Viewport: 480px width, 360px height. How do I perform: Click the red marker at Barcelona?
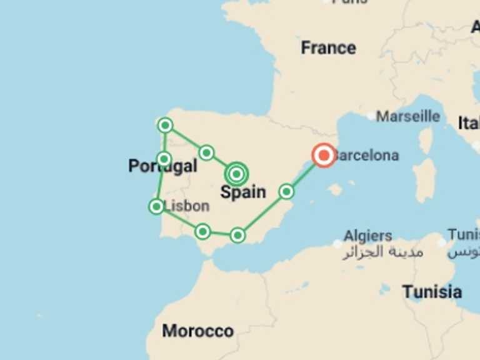coord(324,155)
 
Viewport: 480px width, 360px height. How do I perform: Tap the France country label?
coord(328,47)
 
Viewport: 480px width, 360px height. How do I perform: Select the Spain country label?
coord(243,192)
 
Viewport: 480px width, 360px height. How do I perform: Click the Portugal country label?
coord(162,166)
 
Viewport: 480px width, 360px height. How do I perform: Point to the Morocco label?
coord(198,331)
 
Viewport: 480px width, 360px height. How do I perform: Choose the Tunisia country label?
coord(432,291)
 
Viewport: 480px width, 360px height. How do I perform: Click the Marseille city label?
coord(407,116)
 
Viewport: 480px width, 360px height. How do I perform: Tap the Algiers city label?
coord(368,236)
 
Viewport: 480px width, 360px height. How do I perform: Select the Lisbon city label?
coord(186,206)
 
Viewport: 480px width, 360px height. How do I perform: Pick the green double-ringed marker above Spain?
coord(236,173)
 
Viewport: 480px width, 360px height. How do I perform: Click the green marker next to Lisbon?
coord(156,206)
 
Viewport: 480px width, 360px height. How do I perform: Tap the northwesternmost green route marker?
coord(165,126)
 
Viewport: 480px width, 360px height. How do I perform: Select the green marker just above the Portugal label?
coord(164,159)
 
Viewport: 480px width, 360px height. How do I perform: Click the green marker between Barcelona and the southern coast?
coord(286,191)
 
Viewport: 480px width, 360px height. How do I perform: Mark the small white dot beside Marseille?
coord(371,116)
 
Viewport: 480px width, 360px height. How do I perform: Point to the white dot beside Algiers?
coord(338,243)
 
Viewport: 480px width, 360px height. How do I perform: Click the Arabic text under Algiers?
coord(382,252)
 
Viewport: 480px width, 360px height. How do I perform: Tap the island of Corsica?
coord(426,141)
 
